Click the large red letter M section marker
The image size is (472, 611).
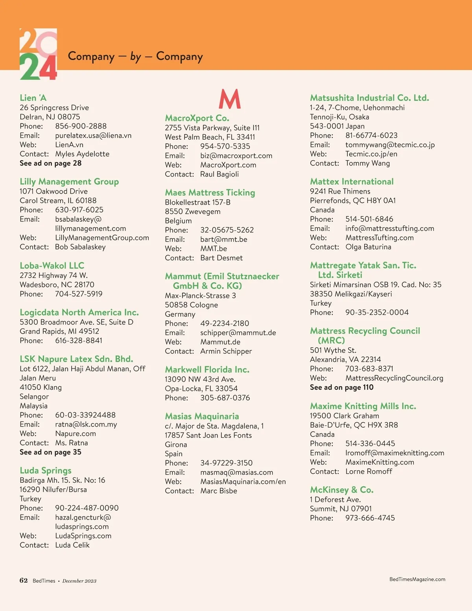tap(230, 99)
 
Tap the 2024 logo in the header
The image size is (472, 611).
tap(38, 54)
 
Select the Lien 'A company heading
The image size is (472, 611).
tap(33, 98)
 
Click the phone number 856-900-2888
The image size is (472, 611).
tap(81, 126)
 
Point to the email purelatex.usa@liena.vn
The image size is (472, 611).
tap(93, 135)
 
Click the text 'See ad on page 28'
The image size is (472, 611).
tap(51, 163)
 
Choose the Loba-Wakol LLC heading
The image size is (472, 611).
tap(52, 266)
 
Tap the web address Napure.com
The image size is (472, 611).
tap(76, 434)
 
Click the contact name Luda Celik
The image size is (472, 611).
tap(72, 545)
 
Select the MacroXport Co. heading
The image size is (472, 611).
tap(197, 118)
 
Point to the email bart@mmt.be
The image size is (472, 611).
tap(224, 239)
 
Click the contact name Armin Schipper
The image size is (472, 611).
tap(226, 351)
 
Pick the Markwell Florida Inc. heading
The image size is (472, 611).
tap(207, 369)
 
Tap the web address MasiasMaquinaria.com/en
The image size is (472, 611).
tap(243, 482)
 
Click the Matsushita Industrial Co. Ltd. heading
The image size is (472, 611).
tap(369, 98)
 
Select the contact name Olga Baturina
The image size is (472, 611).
tap(368, 247)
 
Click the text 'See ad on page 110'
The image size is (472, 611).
tap(342, 387)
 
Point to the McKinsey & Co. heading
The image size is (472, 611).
tap(342, 490)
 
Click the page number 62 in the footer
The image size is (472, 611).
tap(24, 580)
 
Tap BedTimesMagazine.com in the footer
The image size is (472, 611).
tap(417, 579)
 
